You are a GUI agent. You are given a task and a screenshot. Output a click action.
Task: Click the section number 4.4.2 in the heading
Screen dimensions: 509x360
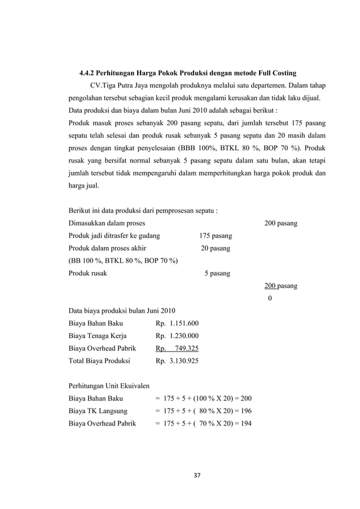click(x=88, y=73)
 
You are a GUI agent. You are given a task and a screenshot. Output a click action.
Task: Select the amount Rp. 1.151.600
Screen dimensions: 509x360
click(x=177, y=324)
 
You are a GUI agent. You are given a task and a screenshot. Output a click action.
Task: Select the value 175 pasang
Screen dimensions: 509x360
click(x=215, y=236)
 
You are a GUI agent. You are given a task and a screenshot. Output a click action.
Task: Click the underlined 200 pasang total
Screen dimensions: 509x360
click(x=281, y=286)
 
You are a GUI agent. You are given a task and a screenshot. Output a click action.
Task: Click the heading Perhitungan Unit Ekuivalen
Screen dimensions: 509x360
click(x=108, y=386)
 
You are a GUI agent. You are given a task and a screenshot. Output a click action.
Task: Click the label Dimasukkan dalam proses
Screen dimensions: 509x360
click(x=106, y=223)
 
